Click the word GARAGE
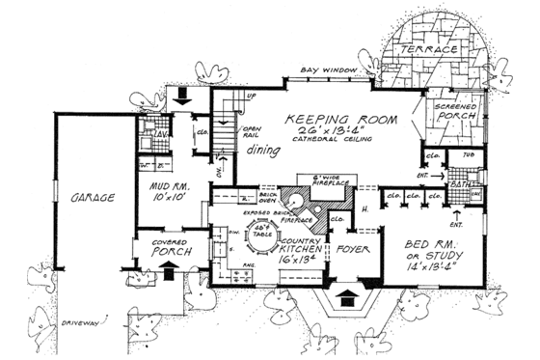click(93, 198)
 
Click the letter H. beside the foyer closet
click(364, 209)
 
